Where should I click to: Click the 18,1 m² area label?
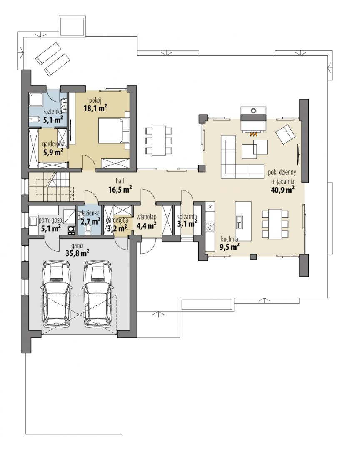[x=95, y=108]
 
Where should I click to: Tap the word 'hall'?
[x=120, y=181]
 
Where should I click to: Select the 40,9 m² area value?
[x=282, y=189]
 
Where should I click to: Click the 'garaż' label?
[x=77, y=246]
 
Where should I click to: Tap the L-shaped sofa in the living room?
[x=241, y=157]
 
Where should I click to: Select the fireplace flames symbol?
[x=253, y=133]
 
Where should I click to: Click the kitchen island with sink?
[x=243, y=222]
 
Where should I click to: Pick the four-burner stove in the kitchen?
[x=210, y=226]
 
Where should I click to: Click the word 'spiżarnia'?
[x=187, y=217]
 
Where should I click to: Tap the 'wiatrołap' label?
[x=146, y=217]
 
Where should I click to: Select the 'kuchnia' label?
[x=230, y=239]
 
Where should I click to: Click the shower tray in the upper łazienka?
[x=36, y=100]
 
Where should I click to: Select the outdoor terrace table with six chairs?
[x=159, y=140]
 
